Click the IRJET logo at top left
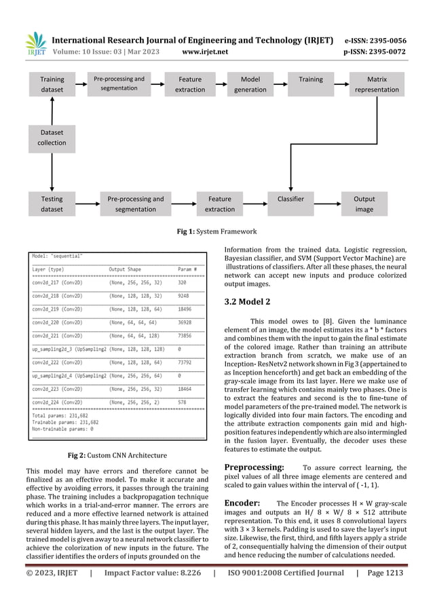point(35,45)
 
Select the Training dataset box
point(52,84)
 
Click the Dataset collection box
point(52,138)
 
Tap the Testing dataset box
point(52,204)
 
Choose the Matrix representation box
point(377,84)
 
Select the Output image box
point(364,204)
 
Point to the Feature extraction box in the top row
point(190,84)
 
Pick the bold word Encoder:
point(242,503)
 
